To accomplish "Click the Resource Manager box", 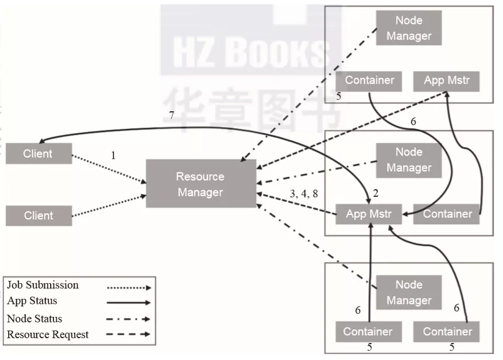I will coord(201,184).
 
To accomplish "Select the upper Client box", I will coord(38,154).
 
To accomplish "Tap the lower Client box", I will coord(38,215).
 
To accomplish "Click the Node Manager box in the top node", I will coord(409,28).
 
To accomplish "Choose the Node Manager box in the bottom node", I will coord(409,292).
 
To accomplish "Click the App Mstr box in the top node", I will coord(446,81).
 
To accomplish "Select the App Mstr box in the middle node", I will coord(369,214).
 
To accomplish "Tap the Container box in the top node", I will coord(369,81).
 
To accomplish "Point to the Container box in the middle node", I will coord(447,214).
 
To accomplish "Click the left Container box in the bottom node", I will coord(367,331).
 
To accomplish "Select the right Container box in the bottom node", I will coord(447,331).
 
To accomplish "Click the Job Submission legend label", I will coord(43,285).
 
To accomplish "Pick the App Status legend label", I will coord(32,301).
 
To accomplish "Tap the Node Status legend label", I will coord(34,319).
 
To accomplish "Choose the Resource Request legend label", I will coord(48,334).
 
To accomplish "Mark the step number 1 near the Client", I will coord(113,155).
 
